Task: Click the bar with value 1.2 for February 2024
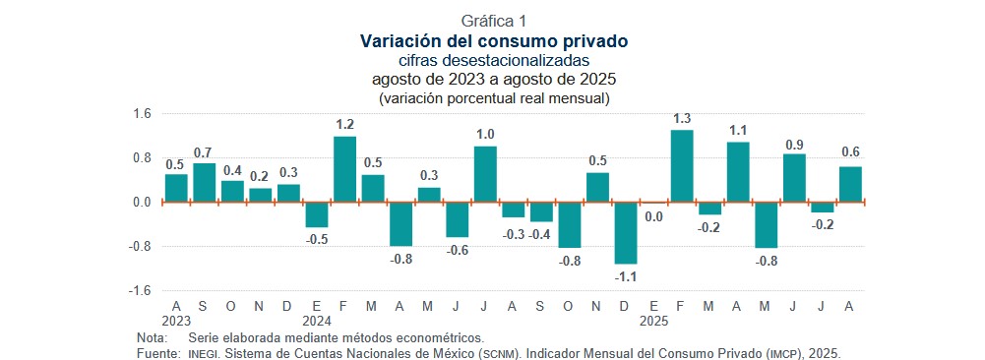pos(344,169)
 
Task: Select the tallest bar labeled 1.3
pos(682,166)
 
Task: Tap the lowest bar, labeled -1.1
pos(626,232)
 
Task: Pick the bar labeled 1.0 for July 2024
pos(485,174)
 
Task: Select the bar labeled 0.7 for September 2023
pos(204,182)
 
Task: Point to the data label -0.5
pos(316,239)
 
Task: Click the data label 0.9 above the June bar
pos(794,145)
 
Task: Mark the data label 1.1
pos(738,131)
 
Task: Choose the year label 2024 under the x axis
pos(316,321)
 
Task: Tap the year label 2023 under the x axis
pos(176,321)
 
